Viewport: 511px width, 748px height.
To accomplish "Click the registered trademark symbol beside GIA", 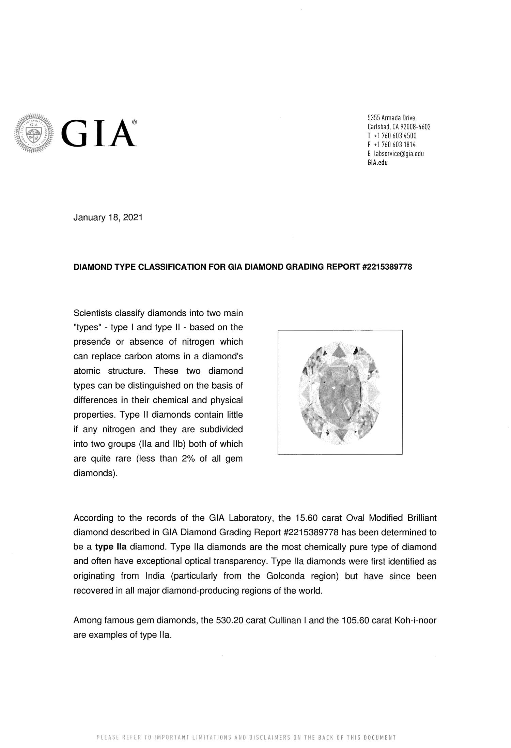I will coord(135,122).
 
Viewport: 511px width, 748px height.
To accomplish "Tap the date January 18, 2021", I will coord(108,218).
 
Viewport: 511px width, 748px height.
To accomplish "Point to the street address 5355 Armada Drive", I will coord(391,118).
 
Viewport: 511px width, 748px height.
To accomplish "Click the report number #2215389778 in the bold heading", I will coord(386,267).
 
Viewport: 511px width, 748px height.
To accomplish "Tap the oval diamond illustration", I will coord(340,392).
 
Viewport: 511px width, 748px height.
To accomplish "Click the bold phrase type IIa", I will coord(111,547).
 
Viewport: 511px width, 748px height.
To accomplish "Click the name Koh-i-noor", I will coord(415,620).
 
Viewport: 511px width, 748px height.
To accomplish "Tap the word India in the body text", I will coord(155,576).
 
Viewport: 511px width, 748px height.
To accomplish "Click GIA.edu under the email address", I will coord(377,163).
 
